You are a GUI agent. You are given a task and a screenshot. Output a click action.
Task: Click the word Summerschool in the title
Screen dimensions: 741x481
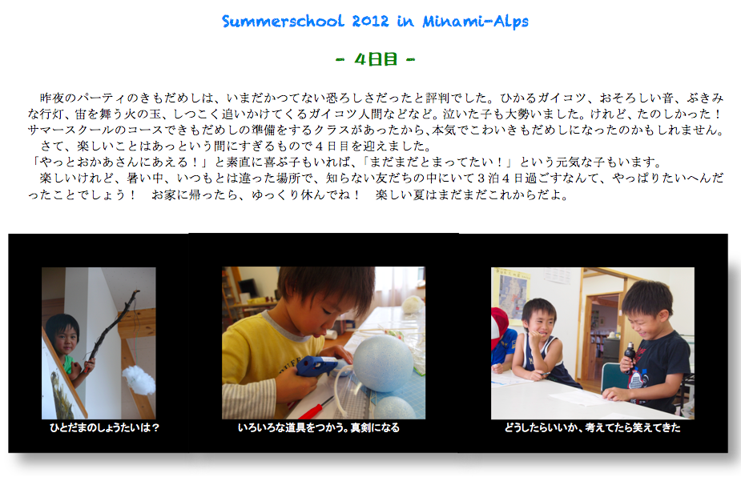point(283,21)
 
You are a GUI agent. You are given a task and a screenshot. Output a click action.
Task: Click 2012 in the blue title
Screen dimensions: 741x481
point(370,21)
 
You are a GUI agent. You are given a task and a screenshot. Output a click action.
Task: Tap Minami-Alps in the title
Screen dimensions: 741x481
point(475,22)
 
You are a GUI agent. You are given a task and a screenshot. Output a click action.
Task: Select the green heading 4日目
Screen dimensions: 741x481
point(376,59)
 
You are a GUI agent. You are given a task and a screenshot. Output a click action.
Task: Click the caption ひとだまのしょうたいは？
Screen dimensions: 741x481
point(104,427)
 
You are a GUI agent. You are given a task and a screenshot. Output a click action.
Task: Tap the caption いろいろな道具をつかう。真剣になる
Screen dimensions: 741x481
point(319,427)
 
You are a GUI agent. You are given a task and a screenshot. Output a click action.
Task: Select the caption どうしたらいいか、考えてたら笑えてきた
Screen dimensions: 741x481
point(592,427)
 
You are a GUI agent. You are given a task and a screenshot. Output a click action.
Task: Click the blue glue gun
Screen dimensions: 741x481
point(316,367)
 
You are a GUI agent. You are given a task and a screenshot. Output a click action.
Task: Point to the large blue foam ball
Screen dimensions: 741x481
point(383,363)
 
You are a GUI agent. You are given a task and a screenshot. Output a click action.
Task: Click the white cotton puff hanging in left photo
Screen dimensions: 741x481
point(139,380)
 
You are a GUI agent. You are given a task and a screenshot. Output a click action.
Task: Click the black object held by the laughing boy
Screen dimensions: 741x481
point(630,356)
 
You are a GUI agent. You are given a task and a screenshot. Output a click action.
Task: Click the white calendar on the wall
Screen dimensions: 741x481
point(558,275)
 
